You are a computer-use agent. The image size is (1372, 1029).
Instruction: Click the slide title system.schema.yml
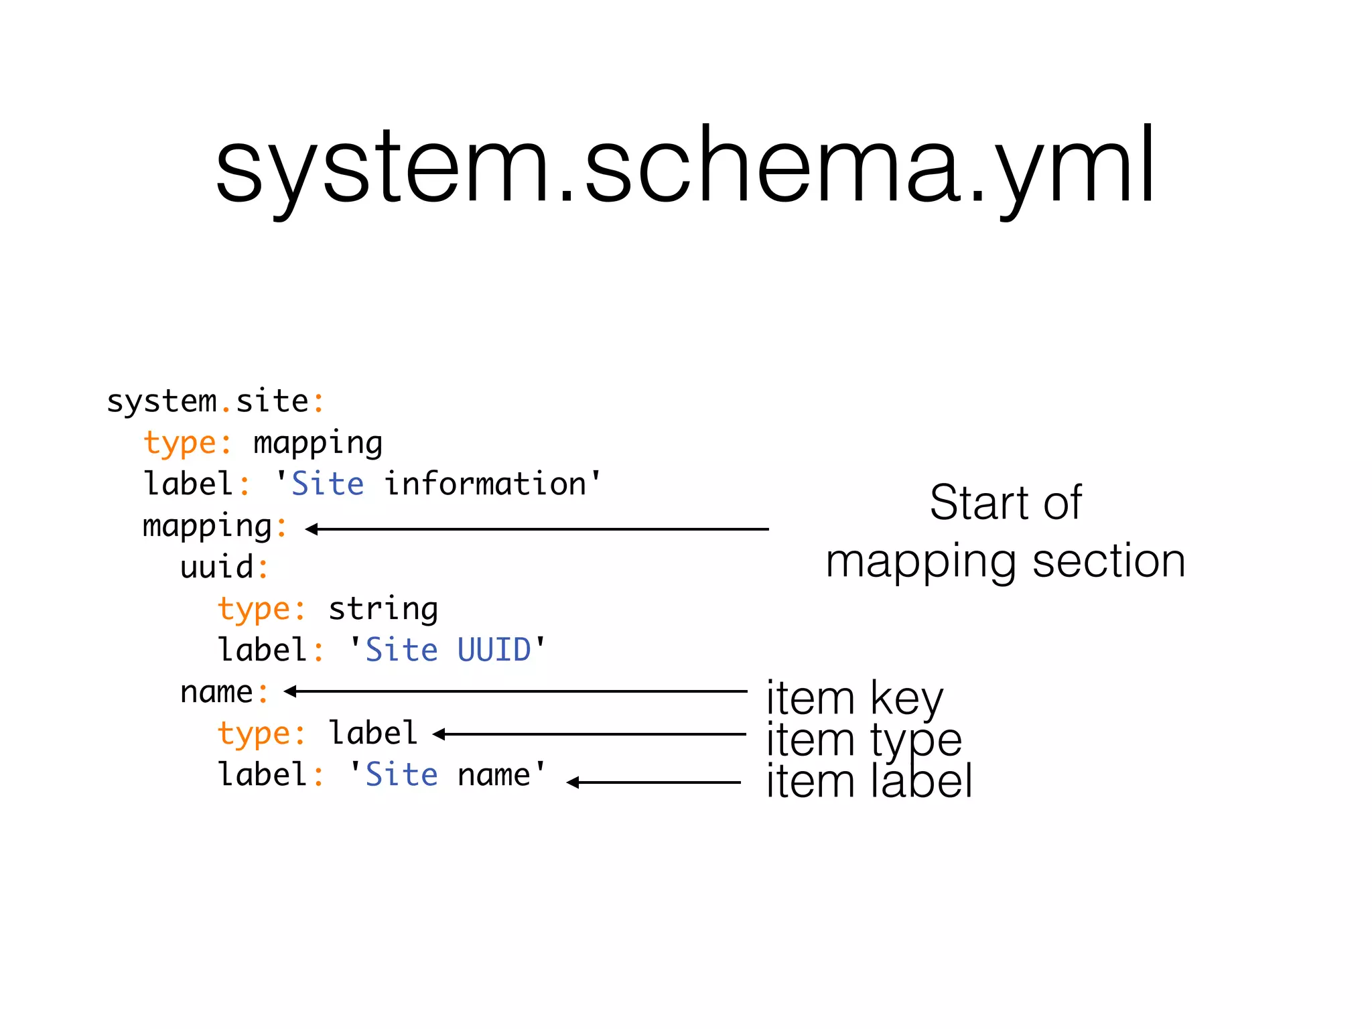click(x=685, y=166)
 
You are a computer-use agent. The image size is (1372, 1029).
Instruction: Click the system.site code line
click(x=215, y=402)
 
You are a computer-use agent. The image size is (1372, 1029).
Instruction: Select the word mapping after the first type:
click(x=318, y=443)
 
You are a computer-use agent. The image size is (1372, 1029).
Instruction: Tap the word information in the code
click(x=486, y=484)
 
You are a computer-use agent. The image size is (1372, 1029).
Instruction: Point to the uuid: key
click(x=224, y=567)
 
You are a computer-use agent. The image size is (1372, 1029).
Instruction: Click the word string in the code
click(x=383, y=609)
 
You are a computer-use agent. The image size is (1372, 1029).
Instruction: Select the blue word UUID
click(x=494, y=650)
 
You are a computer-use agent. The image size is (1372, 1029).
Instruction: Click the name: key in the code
click(x=224, y=692)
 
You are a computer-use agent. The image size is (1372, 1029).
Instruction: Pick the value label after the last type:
click(x=372, y=734)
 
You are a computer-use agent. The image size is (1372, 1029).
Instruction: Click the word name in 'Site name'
click(x=494, y=775)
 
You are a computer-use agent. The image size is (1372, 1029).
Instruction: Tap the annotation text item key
click(x=854, y=698)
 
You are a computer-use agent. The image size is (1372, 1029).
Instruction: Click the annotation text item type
click(x=864, y=740)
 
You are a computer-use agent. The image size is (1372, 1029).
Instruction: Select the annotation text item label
click(x=868, y=781)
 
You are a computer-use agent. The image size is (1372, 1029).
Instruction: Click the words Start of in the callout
click(x=1005, y=502)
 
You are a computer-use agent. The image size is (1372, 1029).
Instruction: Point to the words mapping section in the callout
click(x=1005, y=561)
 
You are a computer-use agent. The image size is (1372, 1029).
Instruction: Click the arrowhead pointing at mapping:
click(x=311, y=529)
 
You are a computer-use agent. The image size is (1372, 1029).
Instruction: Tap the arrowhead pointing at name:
click(x=289, y=691)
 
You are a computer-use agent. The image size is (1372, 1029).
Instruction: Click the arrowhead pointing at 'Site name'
click(x=572, y=782)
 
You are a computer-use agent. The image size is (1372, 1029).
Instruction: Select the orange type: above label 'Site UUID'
click(x=261, y=609)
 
